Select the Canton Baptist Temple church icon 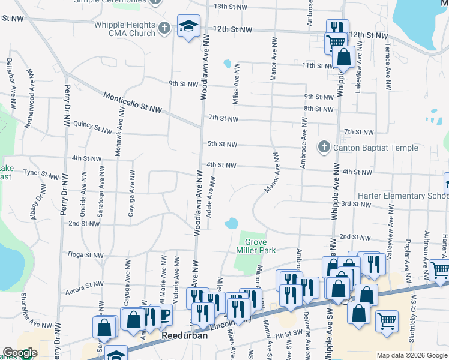(324, 146)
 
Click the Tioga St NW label (85, 255)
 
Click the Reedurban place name (184, 336)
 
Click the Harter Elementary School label (402, 196)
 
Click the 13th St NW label (230, 7)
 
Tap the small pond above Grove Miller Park (231, 224)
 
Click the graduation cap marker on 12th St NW (188, 27)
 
